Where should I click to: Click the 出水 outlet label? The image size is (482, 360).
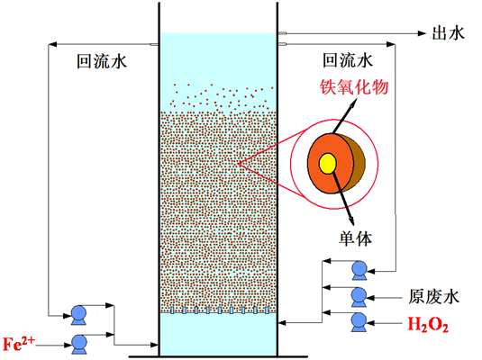448,33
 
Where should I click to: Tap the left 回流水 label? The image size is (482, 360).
102,61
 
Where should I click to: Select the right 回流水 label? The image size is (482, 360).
348,60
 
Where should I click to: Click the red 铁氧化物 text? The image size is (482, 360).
354,87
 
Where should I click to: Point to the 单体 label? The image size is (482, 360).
356,238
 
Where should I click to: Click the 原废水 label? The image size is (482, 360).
433,297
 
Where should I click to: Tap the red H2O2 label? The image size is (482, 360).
428,324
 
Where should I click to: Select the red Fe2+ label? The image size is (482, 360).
19,344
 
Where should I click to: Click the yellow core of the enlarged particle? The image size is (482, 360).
327,164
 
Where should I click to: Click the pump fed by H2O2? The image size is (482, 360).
359,322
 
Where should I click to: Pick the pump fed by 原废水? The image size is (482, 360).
359,297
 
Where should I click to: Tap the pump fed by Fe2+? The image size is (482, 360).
79,345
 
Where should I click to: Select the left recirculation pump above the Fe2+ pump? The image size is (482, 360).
78,315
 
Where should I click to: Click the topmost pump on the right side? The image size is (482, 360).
359,270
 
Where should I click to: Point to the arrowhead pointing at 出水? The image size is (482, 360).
422,33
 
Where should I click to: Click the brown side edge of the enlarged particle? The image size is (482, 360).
359,163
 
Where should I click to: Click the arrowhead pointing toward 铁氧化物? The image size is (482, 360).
354,103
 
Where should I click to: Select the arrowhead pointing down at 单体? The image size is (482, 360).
351,220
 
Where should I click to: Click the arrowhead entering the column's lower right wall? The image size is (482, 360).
282,323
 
